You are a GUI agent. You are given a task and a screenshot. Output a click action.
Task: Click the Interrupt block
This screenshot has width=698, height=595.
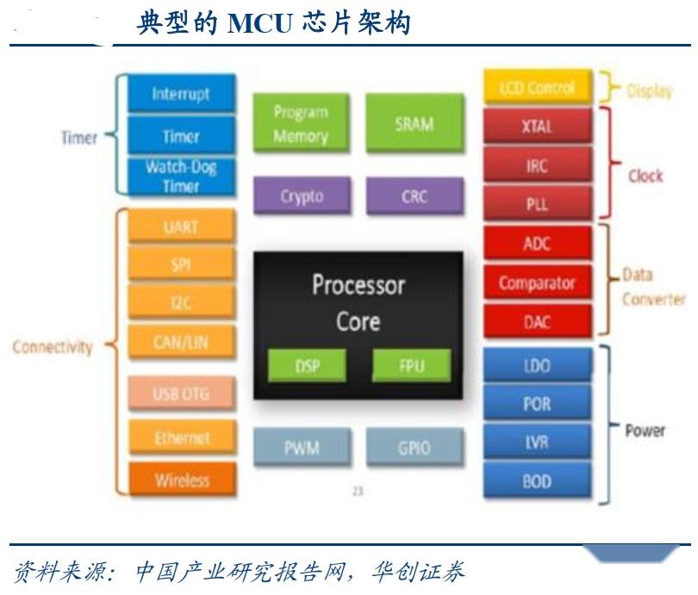tap(181, 94)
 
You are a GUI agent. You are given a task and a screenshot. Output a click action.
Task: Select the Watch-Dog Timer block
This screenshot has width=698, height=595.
tap(181, 176)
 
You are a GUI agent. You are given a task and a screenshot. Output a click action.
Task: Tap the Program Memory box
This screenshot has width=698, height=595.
tap(301, 124)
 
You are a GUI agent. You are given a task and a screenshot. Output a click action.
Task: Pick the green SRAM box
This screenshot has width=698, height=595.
tap(414, 124)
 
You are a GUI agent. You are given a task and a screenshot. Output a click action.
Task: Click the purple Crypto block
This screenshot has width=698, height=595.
tap(302, 196)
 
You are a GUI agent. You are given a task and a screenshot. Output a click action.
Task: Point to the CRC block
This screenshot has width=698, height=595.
tap(414, 196)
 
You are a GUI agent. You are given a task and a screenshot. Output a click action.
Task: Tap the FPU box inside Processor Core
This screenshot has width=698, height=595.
tap(411, 365)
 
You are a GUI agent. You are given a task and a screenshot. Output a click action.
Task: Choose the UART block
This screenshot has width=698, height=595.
tap(181, 227)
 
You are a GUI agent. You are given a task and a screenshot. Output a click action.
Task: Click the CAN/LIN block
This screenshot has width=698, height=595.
tap(181, 343)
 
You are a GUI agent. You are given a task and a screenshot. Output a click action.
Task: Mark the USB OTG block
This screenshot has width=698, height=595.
tap(181, 394)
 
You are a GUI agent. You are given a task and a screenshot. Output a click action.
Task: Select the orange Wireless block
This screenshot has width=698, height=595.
tap(181, 480)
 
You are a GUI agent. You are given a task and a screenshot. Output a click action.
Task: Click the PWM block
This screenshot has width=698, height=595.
tap(302, 448)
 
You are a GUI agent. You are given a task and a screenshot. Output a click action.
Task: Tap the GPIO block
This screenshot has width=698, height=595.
tap(414, 448)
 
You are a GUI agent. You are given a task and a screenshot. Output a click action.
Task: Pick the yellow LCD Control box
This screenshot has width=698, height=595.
tap(537, 88)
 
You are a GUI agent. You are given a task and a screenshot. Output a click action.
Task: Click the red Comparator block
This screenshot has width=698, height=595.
tap(537, 282)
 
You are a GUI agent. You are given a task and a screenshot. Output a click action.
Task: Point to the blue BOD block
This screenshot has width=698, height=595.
tap(537, 482)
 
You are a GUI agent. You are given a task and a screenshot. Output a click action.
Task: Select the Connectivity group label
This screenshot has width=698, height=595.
tap(53, 347)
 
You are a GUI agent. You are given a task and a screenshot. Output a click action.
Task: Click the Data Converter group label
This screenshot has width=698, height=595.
tap(653, 287)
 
